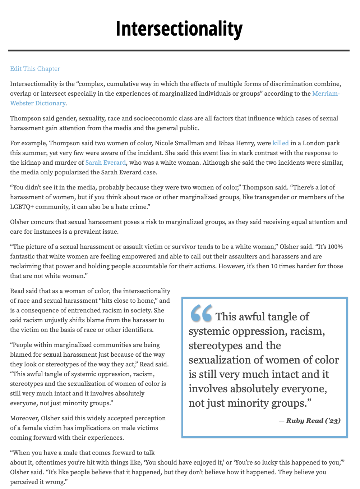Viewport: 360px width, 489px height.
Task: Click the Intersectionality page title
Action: pos(179,29)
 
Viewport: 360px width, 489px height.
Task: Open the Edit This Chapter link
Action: pos(35,69)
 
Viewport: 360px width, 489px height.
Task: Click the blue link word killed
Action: pos(281,143)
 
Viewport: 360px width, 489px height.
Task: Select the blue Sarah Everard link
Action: pos(106,163)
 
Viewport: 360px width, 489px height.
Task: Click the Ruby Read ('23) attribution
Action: pos(310,421)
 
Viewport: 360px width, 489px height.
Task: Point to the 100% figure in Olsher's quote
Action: pos(335,247)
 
